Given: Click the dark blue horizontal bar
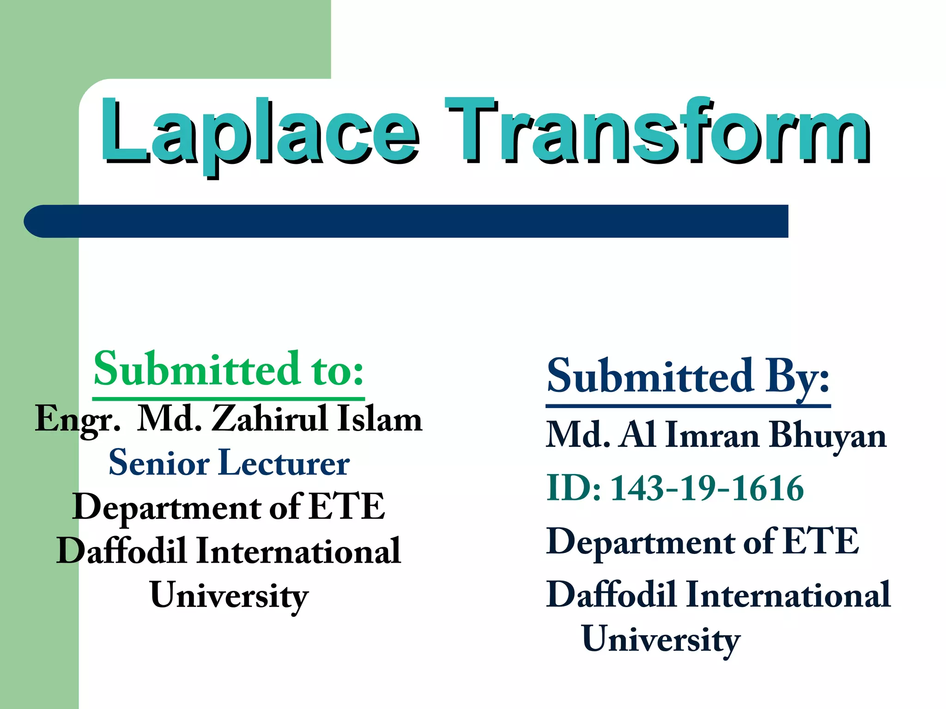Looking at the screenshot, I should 406,221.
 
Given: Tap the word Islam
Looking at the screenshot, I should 380,419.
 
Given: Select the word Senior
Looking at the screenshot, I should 159,463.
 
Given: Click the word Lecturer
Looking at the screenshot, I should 284,463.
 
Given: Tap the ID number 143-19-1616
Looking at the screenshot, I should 707,488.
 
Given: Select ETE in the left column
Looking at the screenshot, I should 346,507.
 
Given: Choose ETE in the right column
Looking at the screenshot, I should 821,541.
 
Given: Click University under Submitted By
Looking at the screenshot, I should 661,640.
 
